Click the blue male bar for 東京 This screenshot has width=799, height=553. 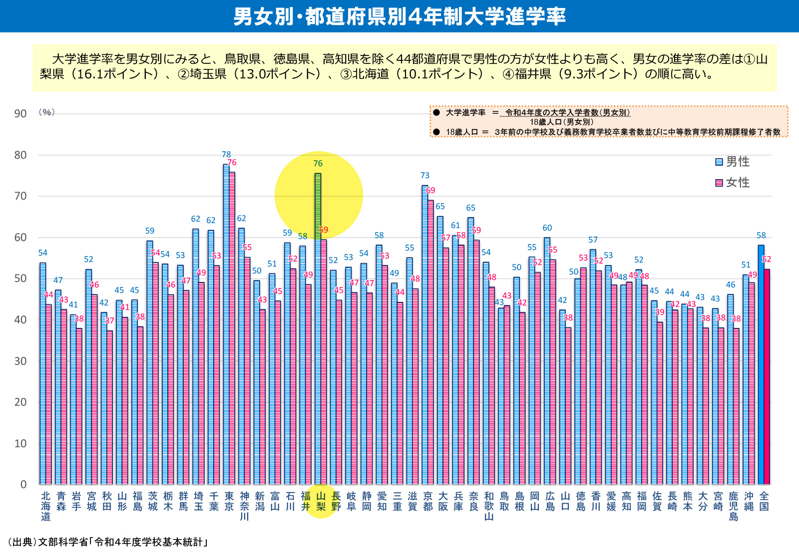click(226, 324)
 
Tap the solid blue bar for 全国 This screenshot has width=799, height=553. click(761, 364)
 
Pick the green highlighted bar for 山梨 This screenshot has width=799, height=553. click(318, 329)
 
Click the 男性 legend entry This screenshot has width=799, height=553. click(732, 162)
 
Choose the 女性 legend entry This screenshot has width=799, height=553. click(732, 183)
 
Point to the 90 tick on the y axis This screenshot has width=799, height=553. click(20, 114)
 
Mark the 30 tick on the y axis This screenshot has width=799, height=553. click(20, 361)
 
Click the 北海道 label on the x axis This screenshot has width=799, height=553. click(45, 506)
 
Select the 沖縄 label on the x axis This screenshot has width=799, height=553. click(749, 501)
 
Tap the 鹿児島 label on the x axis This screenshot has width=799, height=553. click(733, 506)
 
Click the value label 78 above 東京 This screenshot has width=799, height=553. click(226, 155)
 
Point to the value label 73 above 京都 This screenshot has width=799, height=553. click(425, 176)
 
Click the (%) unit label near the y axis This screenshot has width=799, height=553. click(46, 112)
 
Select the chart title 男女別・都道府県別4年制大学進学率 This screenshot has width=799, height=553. click(399, 16)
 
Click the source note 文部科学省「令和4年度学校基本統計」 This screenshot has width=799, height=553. click(122, 542)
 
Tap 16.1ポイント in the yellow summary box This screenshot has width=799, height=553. click(114, 74)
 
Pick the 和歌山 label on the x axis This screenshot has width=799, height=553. click(489, 506)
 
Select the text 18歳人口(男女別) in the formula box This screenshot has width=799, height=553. click(561, 122)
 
